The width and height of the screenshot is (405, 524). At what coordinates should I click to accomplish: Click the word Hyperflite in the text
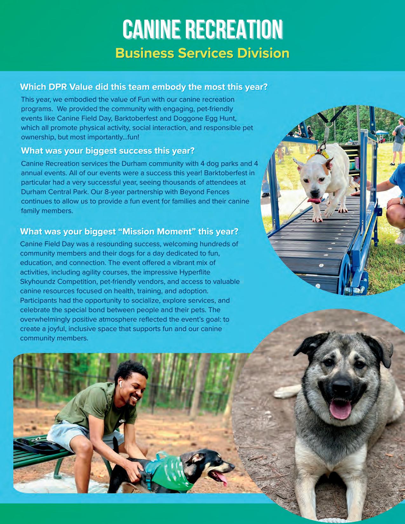pyautogui.click(x=194, y=272)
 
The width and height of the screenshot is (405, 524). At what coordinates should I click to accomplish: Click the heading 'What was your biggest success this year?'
pyautogui.click(x=108, y=151)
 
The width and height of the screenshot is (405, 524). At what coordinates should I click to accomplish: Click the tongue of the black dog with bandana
pyautogui.click(x=221, y=478)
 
